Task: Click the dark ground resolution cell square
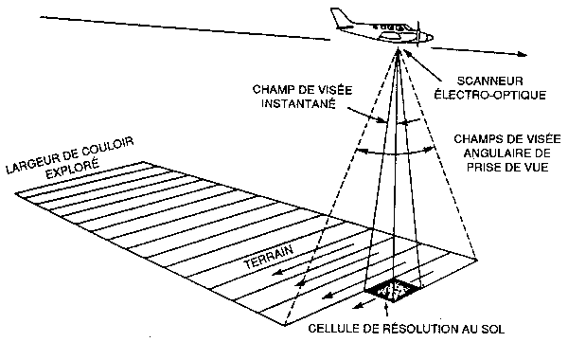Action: click(394, 291)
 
